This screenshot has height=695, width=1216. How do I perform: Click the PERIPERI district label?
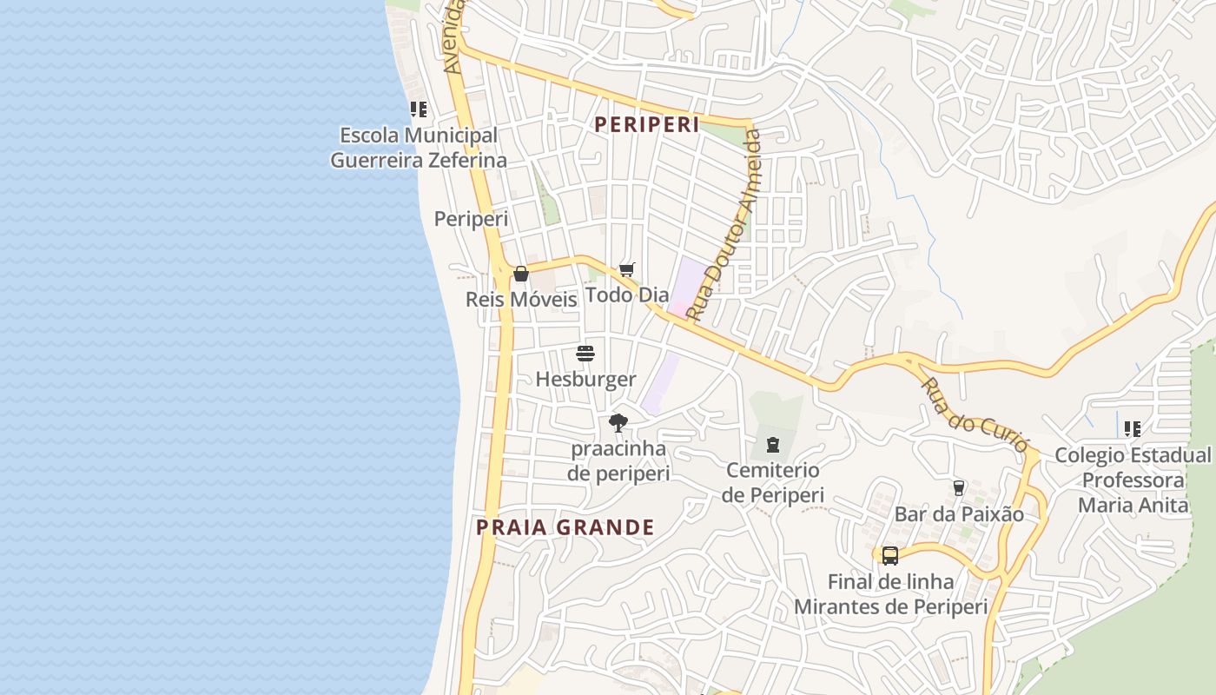[x=646, y=124]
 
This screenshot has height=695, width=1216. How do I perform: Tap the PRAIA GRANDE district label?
[x=565, y=527]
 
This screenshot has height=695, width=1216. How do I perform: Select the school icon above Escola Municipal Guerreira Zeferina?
[x=419, y=109]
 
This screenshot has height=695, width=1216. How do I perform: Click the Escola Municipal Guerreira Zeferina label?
[x=419, y=148]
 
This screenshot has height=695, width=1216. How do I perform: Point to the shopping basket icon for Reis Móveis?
[x=521, y=274]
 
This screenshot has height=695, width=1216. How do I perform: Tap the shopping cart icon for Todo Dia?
[x=627, y=270]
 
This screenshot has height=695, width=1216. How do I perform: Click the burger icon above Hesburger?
[x=585, y=354]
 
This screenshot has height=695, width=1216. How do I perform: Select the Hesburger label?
[x=585, y=380]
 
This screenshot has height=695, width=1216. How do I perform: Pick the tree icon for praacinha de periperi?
[x=618, y=423]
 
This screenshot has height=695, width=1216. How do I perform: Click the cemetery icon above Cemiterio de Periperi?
[x=773, y=445]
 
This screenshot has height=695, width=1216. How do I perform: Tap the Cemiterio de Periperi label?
[x=773, y=482]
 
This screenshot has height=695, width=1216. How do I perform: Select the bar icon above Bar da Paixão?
[x=959, y=488]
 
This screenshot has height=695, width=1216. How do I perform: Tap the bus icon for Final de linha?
[x=890, y=556]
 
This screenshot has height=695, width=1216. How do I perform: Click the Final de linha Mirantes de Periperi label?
[x=891, y=594]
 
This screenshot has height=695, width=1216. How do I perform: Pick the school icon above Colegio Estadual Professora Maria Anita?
[x=1133, y=428]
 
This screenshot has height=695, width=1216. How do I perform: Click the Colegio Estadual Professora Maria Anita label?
[x=1133, y=480]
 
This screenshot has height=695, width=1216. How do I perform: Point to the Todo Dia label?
[x=627, y=295]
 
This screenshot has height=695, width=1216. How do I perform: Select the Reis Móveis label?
[x=521, y=300]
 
